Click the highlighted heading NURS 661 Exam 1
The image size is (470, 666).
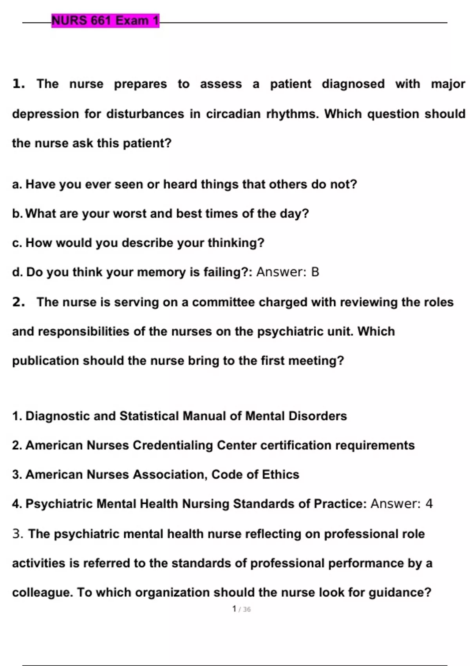point(105,20)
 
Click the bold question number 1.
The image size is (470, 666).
point(18,84)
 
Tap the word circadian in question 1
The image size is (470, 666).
point(233,114)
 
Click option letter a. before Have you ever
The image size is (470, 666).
point(17,185)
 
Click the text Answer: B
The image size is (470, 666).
point(287,272)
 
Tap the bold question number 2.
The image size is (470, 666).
point(18,302)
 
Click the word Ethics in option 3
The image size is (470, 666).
point(280,475)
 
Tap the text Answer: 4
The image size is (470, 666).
point(401,504)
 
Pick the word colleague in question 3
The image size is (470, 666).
point(42,592)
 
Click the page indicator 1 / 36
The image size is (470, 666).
point(241,609)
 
